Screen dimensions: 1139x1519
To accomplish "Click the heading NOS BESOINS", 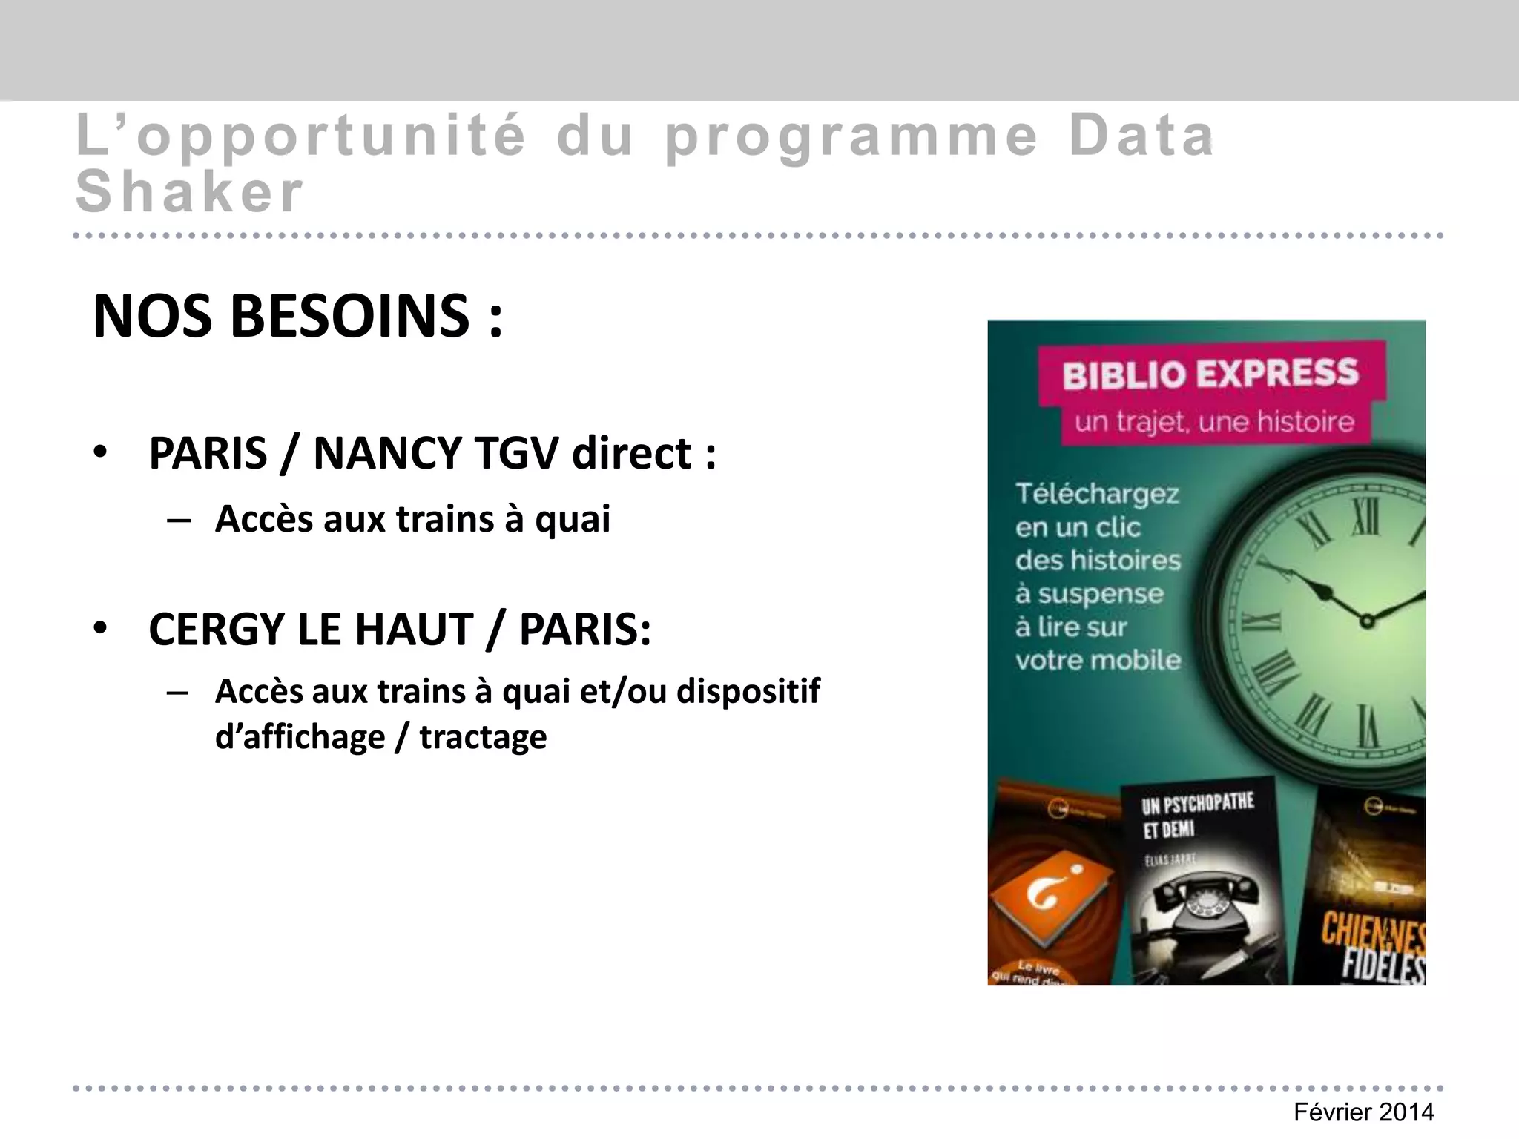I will (297, 317).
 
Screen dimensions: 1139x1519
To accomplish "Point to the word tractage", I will (483, 737).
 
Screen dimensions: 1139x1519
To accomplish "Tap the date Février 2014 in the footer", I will (1363, 1112).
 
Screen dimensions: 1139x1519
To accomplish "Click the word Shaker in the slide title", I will (190, 192).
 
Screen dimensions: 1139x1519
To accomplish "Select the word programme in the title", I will (850, 136).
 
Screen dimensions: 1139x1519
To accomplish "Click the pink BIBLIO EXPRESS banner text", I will (1210, 374).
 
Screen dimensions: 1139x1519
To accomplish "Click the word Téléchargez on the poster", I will (1097, 493).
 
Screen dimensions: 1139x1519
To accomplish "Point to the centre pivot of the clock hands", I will (1366, 621).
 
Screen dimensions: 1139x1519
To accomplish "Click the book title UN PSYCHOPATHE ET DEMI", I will (1196, 814).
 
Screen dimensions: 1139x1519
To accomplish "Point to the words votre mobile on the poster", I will (1098, 660).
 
